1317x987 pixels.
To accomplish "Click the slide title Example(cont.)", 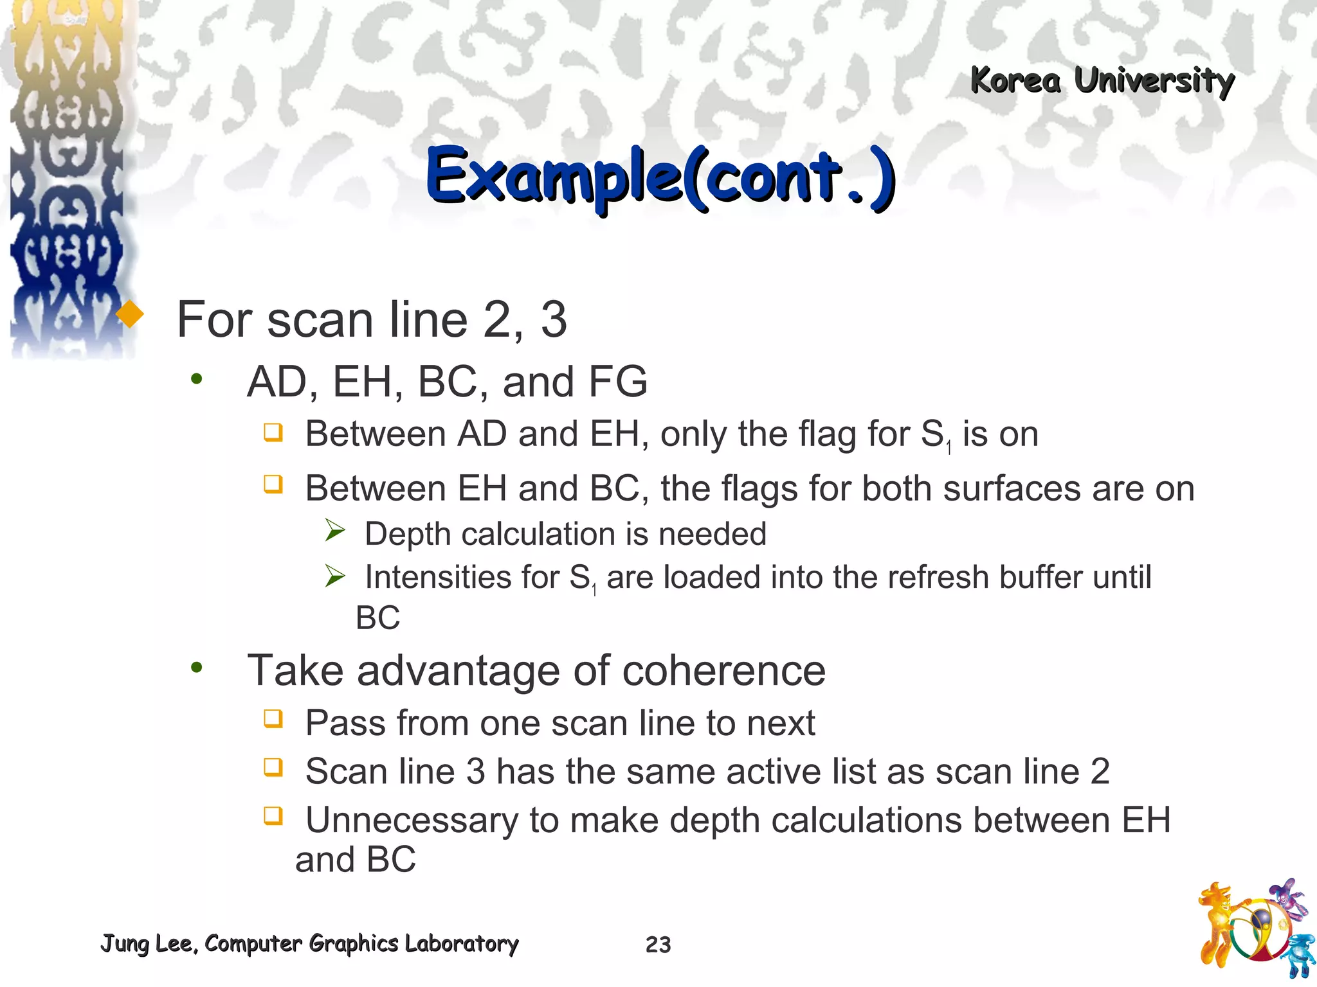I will pyautogui.click(x=660, y=177).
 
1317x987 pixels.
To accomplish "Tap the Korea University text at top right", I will pyautogui.click(x=1102, y=82).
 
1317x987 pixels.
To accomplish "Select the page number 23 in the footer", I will pyautogui.click(x=658, y=945).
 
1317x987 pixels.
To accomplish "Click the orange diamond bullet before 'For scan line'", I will pyautogui.click(x=131, y=314).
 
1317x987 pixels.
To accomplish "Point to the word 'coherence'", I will pyautogui.click(x=723, y=671).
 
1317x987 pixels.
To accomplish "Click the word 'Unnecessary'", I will pyautogui.click(x=412, y=821).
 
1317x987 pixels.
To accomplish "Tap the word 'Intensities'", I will pyautogui.click(x=462, y=577).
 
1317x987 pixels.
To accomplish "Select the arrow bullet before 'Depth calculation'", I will pyautogui.click(x=335, y=531).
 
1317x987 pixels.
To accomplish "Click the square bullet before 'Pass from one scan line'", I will pyautogui.click(x=273, y=718).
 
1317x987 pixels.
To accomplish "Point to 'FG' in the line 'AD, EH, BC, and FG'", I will pyautogui.click(x=618, y=382).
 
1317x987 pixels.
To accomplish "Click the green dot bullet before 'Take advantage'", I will pyautogui.click(x=196, y=668).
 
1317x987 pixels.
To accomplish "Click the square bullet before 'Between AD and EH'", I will pyautogui.click(x=273, y=432).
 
